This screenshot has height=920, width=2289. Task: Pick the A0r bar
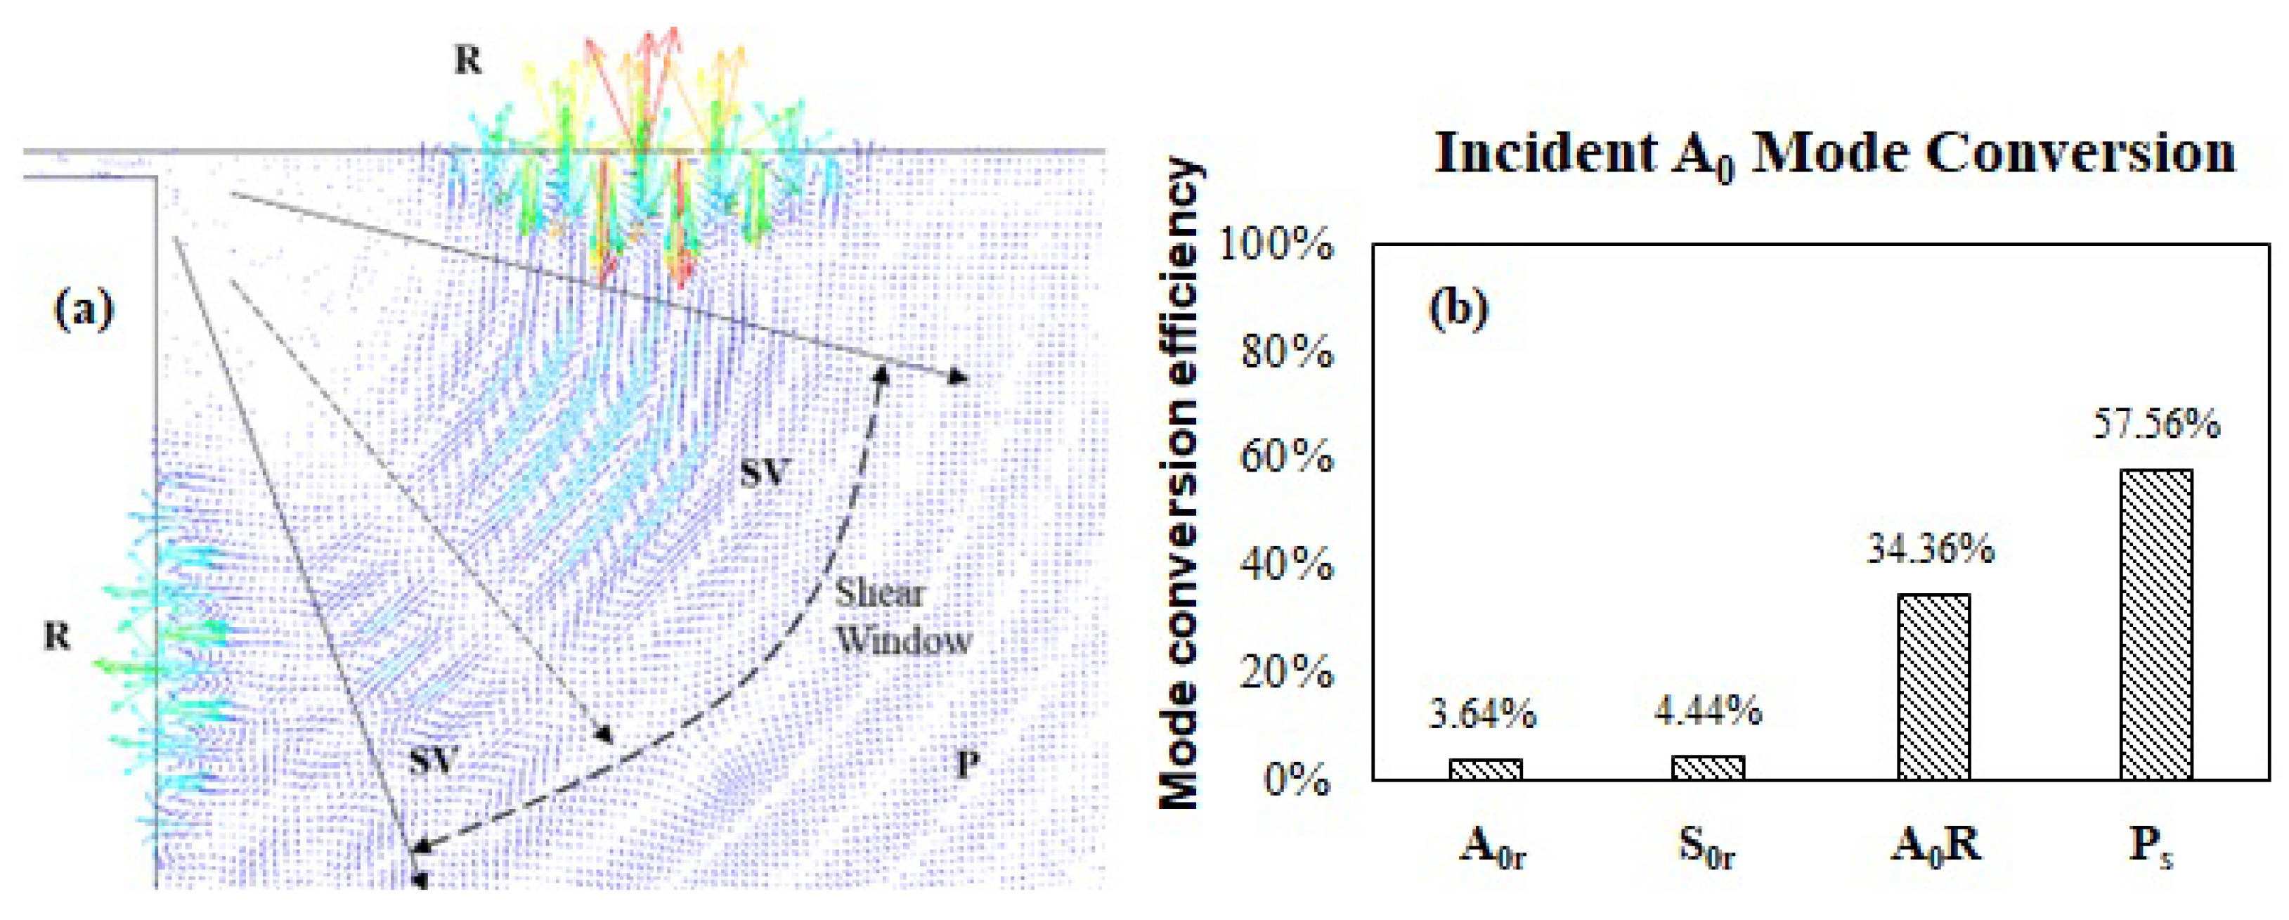pyautogui.click(x=1486, y=769)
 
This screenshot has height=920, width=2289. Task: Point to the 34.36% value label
pyautogui.click(x=1930, y=550)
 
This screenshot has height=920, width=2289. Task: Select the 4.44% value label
pyautogui.click(x=1707, y=711)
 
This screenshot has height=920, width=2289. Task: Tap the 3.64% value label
pyautogui.click(x=1482, y=714)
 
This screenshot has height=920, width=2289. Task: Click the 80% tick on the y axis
pyautogui.click(x=1287, y=354)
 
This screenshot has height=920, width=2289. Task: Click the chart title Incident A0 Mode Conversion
pyautogui.click(x=1834, y=154)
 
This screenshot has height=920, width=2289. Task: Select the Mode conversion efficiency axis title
pyautogui.click(x=1182, y=484)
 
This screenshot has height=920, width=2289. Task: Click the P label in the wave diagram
pyautogui.click(x=968, y=763)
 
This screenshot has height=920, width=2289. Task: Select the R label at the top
pyautogui.click(x=467, y=60)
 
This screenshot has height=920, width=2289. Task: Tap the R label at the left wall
pyautogui.click(x=57, y=637)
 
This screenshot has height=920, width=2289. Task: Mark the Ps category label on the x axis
pyautogui.click(x=2151, y=847)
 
